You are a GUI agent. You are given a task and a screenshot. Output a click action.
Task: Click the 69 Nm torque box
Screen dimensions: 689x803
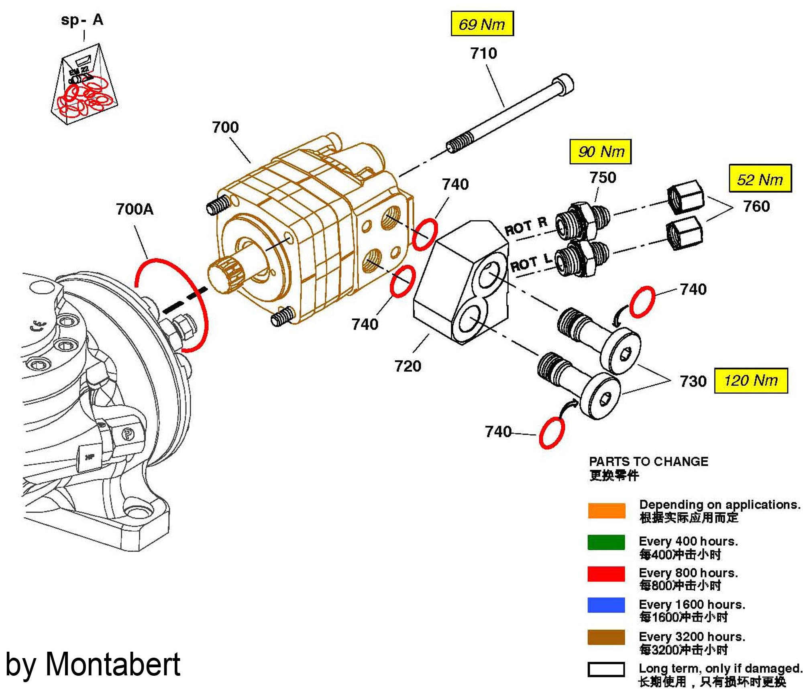482,24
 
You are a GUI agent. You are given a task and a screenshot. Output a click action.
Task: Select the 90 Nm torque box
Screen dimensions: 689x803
600,152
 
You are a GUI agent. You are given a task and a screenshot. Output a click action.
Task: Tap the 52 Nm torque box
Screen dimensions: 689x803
760,179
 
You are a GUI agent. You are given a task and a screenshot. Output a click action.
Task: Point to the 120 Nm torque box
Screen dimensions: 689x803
751,380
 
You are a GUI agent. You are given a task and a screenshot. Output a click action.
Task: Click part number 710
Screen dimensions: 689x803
483,53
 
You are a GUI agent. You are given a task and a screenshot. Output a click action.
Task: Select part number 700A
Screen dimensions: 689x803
135,209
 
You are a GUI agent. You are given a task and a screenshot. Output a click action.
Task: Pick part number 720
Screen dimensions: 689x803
408,366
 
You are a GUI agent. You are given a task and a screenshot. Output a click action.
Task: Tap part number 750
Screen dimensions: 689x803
602,177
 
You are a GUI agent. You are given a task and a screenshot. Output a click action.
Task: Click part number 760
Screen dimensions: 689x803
756,206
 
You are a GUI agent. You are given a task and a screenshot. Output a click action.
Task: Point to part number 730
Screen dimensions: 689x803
693,381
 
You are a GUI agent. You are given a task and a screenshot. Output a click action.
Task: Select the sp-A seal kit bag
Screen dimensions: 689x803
84,86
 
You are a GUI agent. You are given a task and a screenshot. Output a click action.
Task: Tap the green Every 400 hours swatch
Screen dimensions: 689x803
606,542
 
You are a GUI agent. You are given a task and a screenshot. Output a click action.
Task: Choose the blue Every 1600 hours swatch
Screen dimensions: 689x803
606,605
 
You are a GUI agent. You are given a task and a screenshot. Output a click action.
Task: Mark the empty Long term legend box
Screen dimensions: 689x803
606,669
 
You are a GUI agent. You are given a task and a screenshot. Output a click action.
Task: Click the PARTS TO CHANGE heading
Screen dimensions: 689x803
648,461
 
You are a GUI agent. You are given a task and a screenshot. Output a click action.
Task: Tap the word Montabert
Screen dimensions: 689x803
113,665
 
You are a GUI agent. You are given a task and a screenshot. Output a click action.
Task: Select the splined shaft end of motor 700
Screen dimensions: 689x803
223,273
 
